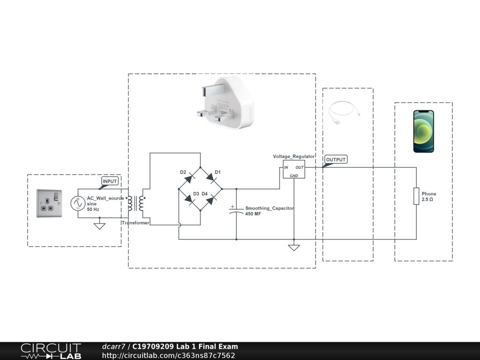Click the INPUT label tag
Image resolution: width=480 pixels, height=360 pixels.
click(x=110, y=181)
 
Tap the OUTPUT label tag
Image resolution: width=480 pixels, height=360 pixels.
click(x=336, y=160)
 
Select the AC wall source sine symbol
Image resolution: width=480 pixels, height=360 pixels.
click(x=77, y=203)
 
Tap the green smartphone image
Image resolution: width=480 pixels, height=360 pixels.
click(x=423, y=131)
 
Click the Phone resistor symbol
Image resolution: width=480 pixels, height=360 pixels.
click(x=416, y=196)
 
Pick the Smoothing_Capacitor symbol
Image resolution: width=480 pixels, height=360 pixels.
click(x=236, y=209)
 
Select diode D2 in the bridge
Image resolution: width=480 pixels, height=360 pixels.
click(x=189, y=178)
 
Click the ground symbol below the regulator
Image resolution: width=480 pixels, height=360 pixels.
click(x=294, y=247)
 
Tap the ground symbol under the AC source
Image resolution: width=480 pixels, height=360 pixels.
click(x=99, y=226)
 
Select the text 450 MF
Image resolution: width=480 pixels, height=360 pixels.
click(x=254, y=214)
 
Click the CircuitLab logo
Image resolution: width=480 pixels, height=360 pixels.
click(x=51, y=351)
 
